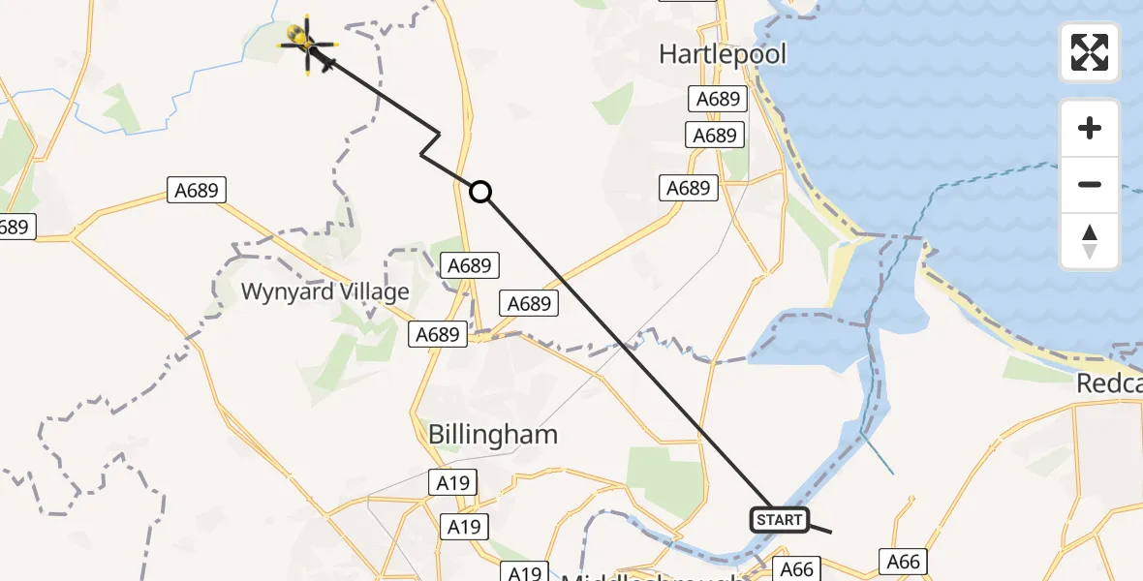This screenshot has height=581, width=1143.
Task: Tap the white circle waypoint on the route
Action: (480, 192)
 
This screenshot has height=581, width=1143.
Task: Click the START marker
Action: (779, 520)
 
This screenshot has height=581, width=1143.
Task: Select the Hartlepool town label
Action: (723, 54)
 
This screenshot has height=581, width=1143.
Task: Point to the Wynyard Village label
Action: (324, 291)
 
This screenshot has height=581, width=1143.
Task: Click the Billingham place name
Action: (493, 434)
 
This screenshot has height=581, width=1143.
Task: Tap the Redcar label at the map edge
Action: (1109, 384)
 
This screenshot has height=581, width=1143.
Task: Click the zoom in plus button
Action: (1090, 128)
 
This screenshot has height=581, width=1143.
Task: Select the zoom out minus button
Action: (1090, 184)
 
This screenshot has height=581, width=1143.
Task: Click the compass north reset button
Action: (1090, 241)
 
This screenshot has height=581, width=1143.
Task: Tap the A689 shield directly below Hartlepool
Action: (718, 99)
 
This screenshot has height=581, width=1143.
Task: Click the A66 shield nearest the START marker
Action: (797, 569)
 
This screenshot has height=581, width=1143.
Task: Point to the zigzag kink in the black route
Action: (430, 145)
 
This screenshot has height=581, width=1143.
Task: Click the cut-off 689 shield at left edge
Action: (16, 228)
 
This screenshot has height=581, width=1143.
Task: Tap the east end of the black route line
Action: (830, 532)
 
